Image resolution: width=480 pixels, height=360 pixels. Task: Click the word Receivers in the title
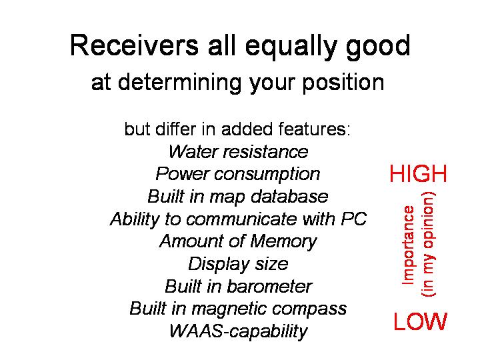(x=135, y=45)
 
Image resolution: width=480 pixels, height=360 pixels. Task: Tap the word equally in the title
(x=291, y=48)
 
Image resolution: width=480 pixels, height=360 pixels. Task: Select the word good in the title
(x=379, y=48)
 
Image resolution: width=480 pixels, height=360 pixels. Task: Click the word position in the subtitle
(x=343, y=83)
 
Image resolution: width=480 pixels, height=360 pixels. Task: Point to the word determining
(x=179, y=83)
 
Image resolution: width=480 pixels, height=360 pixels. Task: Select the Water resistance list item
(x=238, y=151)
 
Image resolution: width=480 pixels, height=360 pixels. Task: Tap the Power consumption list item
(x=238, y=174)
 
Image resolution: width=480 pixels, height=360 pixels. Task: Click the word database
(x=289, y=196)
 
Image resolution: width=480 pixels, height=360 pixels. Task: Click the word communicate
(x=241, y=219)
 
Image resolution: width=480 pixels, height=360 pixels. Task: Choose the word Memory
(x=283, y=242)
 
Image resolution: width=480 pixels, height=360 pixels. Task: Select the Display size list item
(x=238, y=264)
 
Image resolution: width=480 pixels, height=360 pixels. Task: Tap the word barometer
(x=269, y=287)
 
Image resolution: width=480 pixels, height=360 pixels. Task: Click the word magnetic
(x=229, y=309)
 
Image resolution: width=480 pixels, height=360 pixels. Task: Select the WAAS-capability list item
(x=239, y=331)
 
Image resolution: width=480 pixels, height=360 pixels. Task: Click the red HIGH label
(x=418, y=173)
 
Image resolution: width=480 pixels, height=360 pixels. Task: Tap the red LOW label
(x=420, y=321)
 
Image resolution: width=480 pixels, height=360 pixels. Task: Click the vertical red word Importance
(x=408, y=245)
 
